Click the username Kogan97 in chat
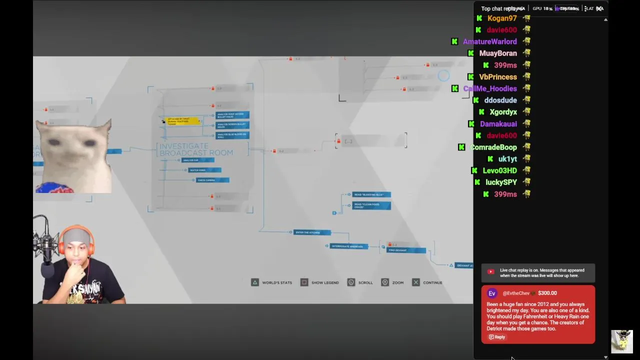[x=501, y=18]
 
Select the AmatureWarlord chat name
[x=489, y=42]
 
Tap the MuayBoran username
[x=497, y=53]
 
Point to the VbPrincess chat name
[x=497, y=77]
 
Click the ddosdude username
[x=500, y=100]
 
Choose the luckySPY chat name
[x=501, y=182]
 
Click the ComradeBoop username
[x=493, y=147]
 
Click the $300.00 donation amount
[x=547, y=293]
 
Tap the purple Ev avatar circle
[x=492, y=293]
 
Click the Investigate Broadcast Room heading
[x=196, y=149]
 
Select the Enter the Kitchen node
[x=312, y=232]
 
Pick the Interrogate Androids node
[x=348, y=246]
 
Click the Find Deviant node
[x=406, y=250]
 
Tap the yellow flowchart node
[x=182, y=121]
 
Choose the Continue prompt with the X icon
[x=427, y=283]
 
